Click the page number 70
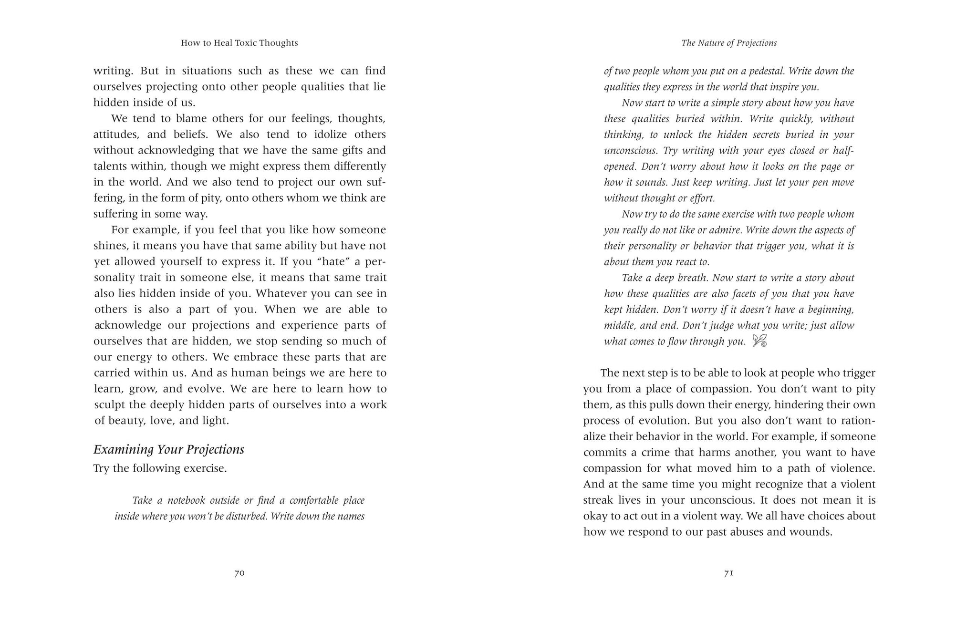click(x=239, y=573)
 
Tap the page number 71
click(x=728, y=573)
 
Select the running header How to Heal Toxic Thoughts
click(x=239, y=43)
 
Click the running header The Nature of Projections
click(x=729, y=43)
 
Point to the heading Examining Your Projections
click(x=169, y=450)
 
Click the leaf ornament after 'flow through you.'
click(x=759, y=341)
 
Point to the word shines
click(x=109, y=246)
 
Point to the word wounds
click(x=811, y=532)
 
